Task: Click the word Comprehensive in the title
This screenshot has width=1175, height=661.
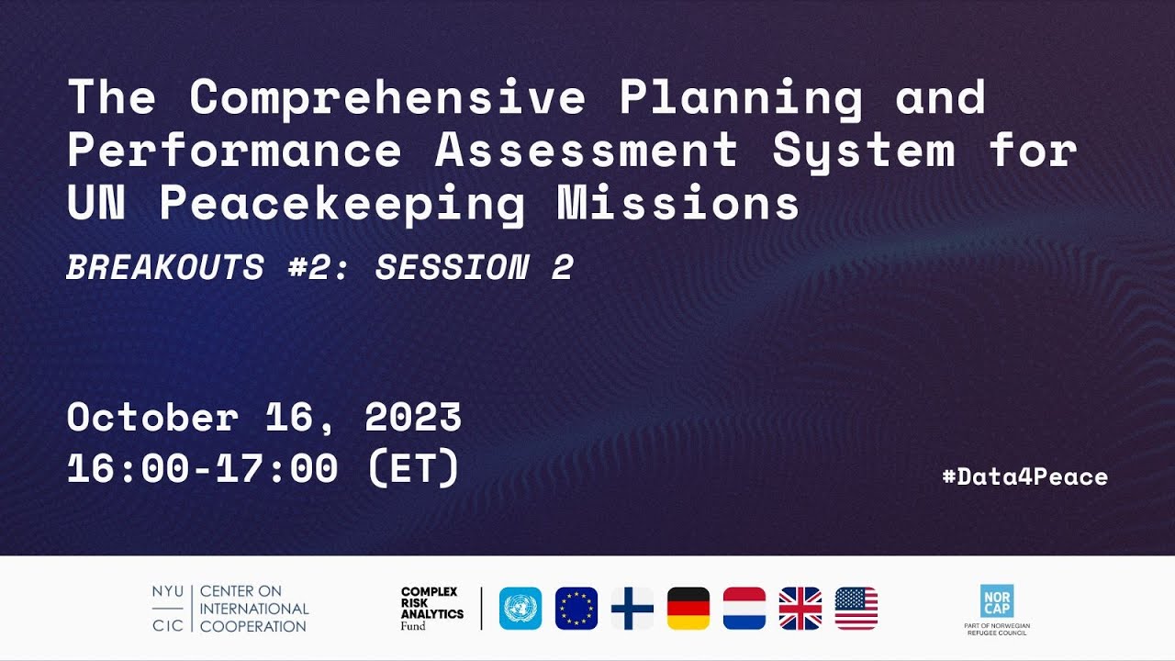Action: pyautogui.click(x=386, y=97)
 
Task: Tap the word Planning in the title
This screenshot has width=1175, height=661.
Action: pyautogui.click(x=741, y=97)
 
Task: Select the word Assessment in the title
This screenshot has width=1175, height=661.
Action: pyautogui.click(x=586, y=151)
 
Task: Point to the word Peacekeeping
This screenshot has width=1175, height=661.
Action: pyautogui.click(x=341, y=204)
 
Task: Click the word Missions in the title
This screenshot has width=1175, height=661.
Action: pyautogui.click(x=678, y=204)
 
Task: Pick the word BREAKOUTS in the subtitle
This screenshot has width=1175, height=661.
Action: pyautogui.click(x=165, y=267)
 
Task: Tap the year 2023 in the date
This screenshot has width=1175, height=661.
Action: pyautogui.click(x=413, y=418)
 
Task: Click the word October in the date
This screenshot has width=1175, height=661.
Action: pyautogui.click(x=152, y=418)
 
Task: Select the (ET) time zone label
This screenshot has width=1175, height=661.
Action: pyautogui.click(x=412, y=469)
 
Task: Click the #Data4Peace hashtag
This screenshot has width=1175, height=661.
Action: pyautogui.click(x=1024, y=476)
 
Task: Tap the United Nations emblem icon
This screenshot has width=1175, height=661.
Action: pyautogui.click(x=520, y=609)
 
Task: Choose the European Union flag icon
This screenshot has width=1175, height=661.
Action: pyautogui.click(x=576, y=609)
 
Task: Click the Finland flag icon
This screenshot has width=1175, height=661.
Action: pyautogui.click(x=632, y=609)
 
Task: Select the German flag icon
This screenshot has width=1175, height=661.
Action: pyautogui.click(x=688, y=609)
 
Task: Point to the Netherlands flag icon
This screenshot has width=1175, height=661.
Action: pyautogui.click(x=744, y=609)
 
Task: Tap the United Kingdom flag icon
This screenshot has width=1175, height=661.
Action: pyautogui.click(x=800, y=609)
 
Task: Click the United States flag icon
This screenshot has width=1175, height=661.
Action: pyautogui.click(x=856, y=609)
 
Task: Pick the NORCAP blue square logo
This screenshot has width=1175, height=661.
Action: pyautogui.click(x=997, y=601)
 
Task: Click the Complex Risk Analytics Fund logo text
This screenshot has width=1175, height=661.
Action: pyautogui.click(x=432, y=609)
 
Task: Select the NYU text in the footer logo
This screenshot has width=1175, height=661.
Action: pyautogui.click(x=168, y=592)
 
